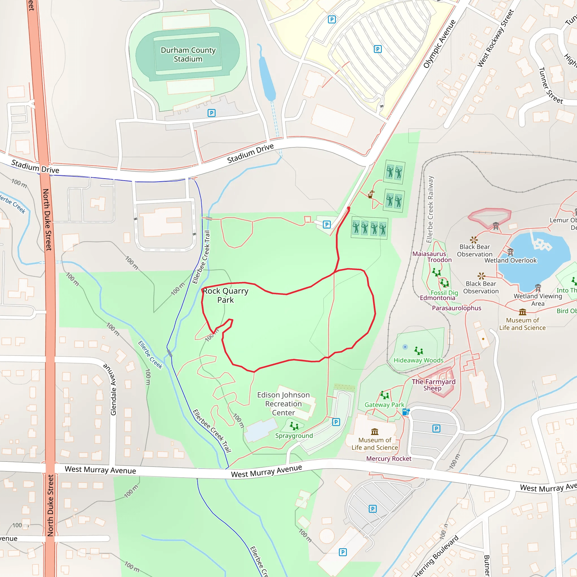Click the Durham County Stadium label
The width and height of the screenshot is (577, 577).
coord(188,55)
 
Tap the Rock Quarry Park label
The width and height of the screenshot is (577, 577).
coord(225,295)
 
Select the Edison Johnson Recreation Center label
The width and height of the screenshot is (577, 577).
coord(283,404)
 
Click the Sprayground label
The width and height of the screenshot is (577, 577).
coord(294,436)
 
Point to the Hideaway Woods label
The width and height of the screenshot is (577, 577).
coord(418,360)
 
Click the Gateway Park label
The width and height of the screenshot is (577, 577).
coord(384,405)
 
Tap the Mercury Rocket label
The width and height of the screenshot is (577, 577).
coord(389,459)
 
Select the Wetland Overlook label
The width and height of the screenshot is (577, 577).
coord(511,260)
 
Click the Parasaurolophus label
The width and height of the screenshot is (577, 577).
coord(456,308)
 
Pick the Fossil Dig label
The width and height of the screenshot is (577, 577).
coord(444,293)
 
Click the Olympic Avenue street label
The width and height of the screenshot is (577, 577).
coord(439,44)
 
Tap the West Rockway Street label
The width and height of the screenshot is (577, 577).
coord(496,38)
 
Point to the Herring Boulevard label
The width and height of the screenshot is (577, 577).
coord(436,556)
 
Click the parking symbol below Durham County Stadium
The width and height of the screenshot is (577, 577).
coord(212,113)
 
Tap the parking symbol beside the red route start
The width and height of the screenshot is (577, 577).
coord(327,225)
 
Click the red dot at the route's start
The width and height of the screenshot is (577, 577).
coord(349,208)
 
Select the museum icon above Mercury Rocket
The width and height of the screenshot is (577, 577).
coord(374,432)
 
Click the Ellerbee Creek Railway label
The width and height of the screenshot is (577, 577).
coord(430,209)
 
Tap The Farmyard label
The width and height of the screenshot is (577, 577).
coord(433,382)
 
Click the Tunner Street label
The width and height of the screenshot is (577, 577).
coord(551,86)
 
